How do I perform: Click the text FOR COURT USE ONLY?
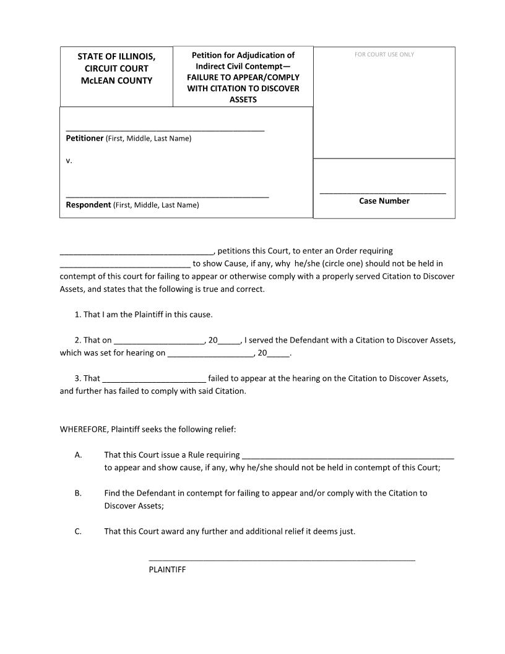[x=384, y=54]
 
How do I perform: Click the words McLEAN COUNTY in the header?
[x=116, y=81]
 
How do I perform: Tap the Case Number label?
[x=384, y=201]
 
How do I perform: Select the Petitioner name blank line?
[x=165, y=130]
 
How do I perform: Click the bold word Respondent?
[x=88, y=205]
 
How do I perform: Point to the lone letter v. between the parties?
[x=69, y=160]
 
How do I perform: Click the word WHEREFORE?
[x=84, y=429]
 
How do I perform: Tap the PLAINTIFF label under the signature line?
[x=167, y=569]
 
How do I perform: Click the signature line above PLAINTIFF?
[x=282, y=560]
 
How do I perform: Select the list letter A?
[x=78, y=455]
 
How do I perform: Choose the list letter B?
[x=78, y=493]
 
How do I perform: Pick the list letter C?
[x=78, y=531]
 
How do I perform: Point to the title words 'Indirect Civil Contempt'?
[x=243, y=66]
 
